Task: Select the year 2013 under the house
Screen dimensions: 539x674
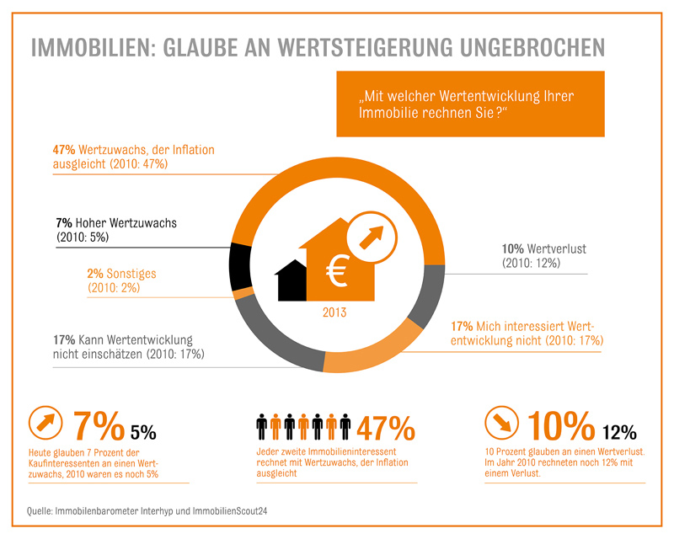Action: (x=334, y=312)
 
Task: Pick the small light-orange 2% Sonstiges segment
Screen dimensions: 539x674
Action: (x=243, y=292)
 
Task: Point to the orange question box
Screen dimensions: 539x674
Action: (x=470, y=104)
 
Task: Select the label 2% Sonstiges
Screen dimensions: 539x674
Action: (x=121, y=274)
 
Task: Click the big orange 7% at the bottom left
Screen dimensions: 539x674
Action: (x=99, y=428)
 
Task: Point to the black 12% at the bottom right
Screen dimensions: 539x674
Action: (x=619, y=433)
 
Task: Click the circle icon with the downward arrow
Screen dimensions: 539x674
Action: (x=502, y=424)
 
